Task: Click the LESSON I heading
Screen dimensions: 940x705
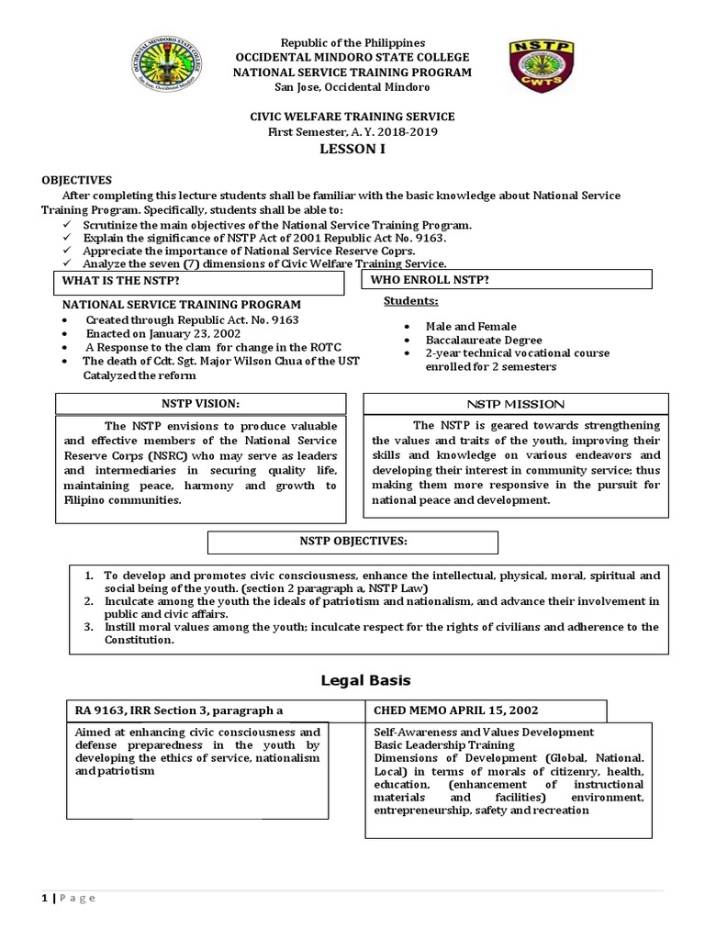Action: coord(352,149)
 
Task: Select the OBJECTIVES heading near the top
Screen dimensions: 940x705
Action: coord(76,181)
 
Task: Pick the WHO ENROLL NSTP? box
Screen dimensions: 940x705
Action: coord(508,279)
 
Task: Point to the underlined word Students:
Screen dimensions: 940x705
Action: coord(410,301)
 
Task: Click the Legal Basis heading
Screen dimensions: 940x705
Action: coord(352,680)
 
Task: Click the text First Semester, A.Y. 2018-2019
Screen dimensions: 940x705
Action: coord(352,131)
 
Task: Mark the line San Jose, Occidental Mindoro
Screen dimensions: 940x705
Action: coord(352,86)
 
